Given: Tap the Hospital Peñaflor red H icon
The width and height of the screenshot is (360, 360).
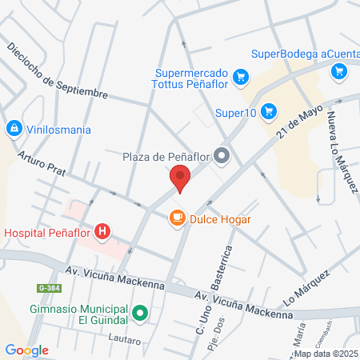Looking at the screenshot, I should click(x=102, y=233).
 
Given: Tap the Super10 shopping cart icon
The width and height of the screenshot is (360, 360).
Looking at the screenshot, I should click(x=268, y=112).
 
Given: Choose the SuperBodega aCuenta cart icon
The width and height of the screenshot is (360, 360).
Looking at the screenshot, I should click(x=339, y=71).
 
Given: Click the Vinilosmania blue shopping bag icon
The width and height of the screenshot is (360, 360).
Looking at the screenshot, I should click(x=14, y=129).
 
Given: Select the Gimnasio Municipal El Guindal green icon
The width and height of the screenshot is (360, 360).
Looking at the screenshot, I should click(x=140, y=314).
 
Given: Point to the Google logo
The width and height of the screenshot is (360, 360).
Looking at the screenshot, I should click(x=27, y=350).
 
